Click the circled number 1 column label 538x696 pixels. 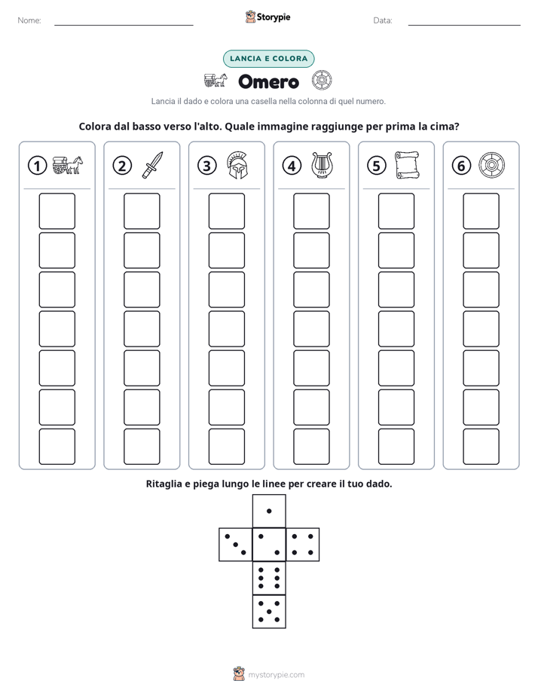tap(37, 166)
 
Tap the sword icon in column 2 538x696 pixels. tap(152, 165)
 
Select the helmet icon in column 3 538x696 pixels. tap(237, 165)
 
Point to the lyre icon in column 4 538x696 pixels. tap(322, 165)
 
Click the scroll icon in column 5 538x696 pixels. tap(407, 165)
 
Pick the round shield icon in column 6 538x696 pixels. tap(491, 165)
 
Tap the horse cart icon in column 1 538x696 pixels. tap(68, 165)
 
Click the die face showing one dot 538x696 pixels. tap(269, 511)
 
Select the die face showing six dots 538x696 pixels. tap(269, 578)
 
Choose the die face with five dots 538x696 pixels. tap(269, 612)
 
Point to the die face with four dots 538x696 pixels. tap(303, 545)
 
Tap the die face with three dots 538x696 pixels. tap(235, 545)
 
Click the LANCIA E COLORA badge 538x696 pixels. tap(268, 59)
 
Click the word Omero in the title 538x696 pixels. tap(268, 81)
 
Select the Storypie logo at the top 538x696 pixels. tap(267, 17)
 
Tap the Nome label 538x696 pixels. tap(29, 20)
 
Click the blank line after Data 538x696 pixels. tap(464, 25)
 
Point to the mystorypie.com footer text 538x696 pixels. tap(276, 675)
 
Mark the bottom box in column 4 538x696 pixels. tap(311, 447)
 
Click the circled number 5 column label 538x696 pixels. tap(377, 166)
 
